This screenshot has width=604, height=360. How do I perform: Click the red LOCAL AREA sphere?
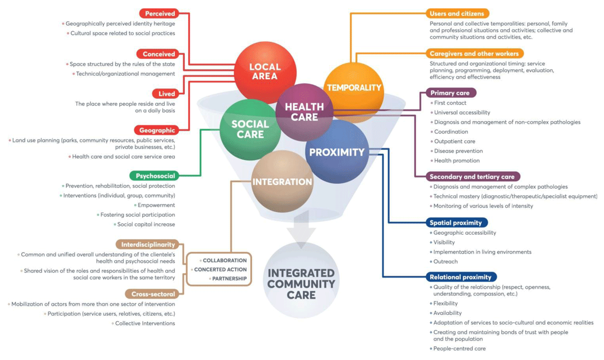[265, 71]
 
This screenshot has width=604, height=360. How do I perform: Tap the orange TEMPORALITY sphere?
[354, 87]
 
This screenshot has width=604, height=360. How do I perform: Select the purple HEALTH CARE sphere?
[304, 112]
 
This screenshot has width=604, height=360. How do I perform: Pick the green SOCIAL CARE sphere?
[250, 129]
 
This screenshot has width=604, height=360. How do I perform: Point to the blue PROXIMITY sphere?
[337, 152]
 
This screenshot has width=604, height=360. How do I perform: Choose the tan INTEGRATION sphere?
[282, 181]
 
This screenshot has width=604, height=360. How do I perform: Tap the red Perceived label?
[160, 14]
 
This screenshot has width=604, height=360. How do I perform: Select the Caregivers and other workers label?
[474, 53]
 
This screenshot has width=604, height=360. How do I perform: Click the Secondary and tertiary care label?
[472, 177]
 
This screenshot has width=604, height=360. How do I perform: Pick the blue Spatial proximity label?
[456, 223]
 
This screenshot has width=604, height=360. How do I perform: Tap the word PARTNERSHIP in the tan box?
[229, 278]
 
